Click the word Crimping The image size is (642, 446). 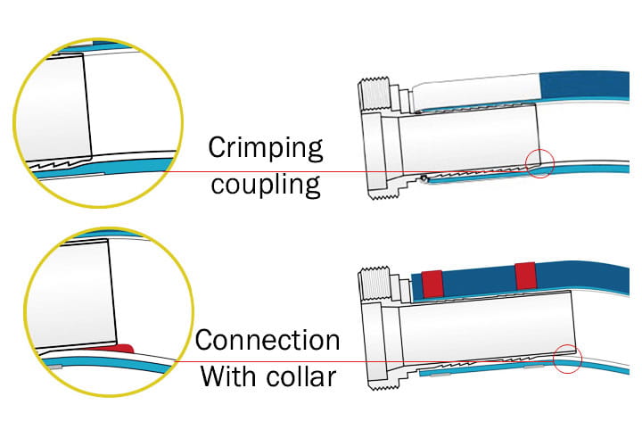(x=265, y=147)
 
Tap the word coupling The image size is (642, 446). (x=264, y=185)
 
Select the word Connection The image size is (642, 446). (x=267, y=341)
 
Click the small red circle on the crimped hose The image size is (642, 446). (x=541, y=162)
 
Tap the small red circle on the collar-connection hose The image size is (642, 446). (x=568, y=359)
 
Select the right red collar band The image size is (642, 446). (x=525, y=277)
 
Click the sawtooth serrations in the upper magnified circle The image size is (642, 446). (x=53, y=165)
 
